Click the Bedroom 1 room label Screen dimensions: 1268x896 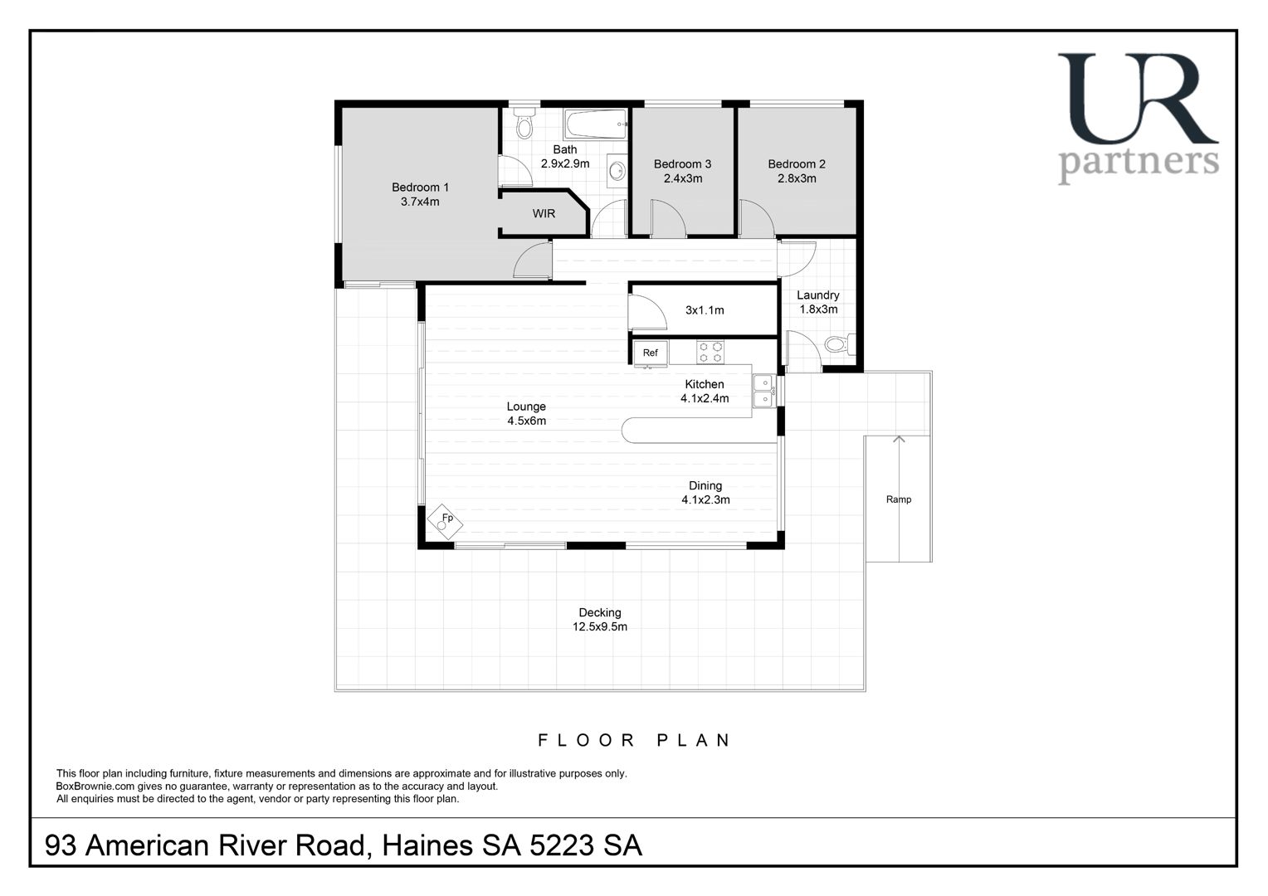(420, 187)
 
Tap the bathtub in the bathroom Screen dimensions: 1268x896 (596, 124)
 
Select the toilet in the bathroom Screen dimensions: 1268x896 (524, 124)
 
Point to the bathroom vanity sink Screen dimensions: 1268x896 (617, 170)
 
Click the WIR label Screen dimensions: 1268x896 (544, 214)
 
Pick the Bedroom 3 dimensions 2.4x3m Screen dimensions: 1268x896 (683, 179)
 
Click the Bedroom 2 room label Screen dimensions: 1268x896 (797, 164)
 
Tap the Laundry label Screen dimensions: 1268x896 (818, 295)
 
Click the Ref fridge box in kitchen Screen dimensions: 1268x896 (651, 353)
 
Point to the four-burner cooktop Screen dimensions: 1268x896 (710, 352)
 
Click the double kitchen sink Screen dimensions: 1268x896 (763, 391)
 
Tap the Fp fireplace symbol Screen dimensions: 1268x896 (444, 521)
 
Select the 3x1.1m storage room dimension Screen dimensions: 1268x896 (705, 310)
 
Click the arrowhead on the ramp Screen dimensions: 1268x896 (899, 439)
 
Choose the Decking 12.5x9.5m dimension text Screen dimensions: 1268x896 (599, 626)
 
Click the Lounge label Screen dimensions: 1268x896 (526, 407)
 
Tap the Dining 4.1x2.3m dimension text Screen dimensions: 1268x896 (705, 499)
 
